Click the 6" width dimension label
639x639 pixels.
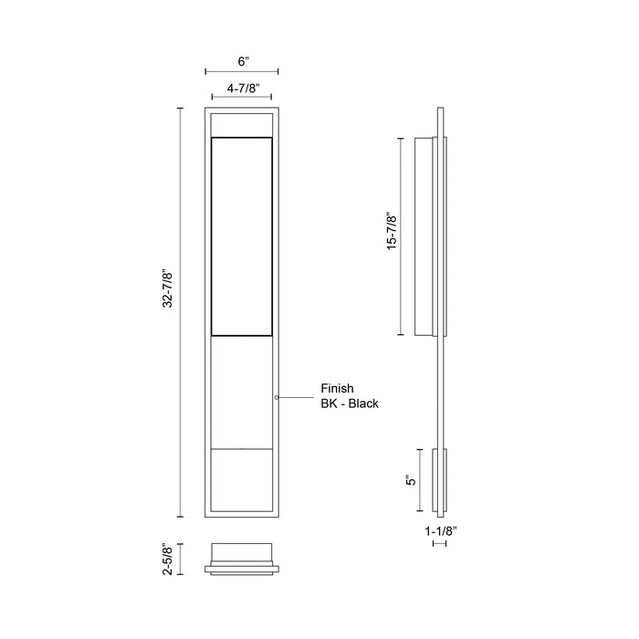point(243,61)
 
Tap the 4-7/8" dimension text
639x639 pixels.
point(242,89)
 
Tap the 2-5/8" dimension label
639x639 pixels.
point(168,559)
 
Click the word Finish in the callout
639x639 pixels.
point(337,388)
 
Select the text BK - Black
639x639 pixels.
point(350,403)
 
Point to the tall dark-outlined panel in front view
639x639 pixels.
point(242,237)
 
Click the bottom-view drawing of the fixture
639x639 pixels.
point(242,559)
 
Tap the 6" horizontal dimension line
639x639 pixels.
point(242,71)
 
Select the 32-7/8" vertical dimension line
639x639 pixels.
point(180,311)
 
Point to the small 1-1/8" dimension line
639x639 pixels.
point(439,543)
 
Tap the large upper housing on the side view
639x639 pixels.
point(426,236)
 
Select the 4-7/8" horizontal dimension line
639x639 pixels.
point(242,99)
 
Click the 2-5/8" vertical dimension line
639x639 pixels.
point(180,559)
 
